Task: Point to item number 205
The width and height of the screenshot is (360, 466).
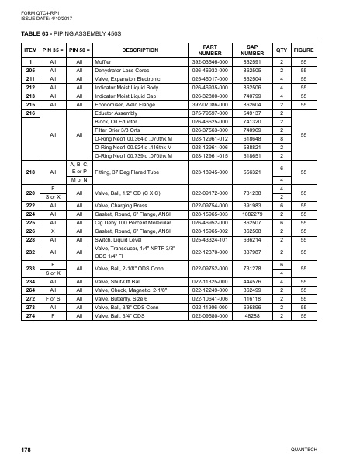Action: click(x=29, y=70)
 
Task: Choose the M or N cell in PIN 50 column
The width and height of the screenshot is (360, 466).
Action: click(x=79, y=180)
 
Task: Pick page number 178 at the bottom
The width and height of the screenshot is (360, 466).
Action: click(x=25, y=450)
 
